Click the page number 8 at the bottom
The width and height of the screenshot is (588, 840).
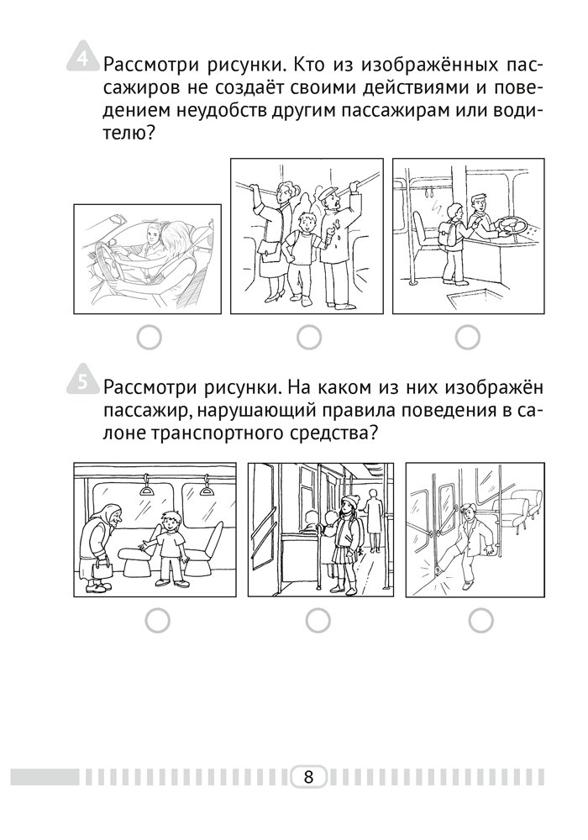pyautogui.click(x=308, y=776)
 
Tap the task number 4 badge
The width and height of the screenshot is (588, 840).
pyautogui.click(x=82, y=56)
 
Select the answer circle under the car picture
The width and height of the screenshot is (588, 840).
pyautogui.click(x=150, y=338)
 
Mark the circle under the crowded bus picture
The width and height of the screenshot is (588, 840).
pyautogui.click(x=309, y=338)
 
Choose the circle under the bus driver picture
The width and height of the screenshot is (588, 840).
pyautogui.click(x=468, y=338)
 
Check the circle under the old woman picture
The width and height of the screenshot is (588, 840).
pyautogui.click(x=157, y=621)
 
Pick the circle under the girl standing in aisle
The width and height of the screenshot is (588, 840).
pyautogui.click(x=318, y=621)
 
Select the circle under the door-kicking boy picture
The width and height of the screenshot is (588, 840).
pyautogui.click(x=480, y=621)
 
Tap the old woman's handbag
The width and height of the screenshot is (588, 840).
pyautogui.click(x=101, y=569)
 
